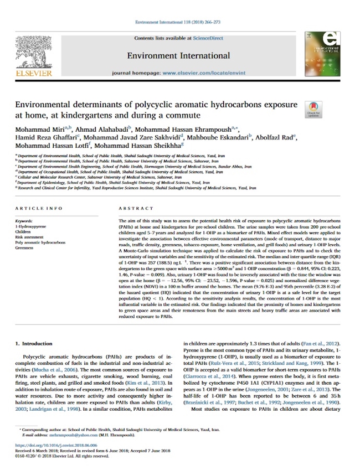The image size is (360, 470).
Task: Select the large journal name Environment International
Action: pyautogui.click(x=178, y=55)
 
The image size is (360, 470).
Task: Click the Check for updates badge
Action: pyautogui.click(x=313, y=110)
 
